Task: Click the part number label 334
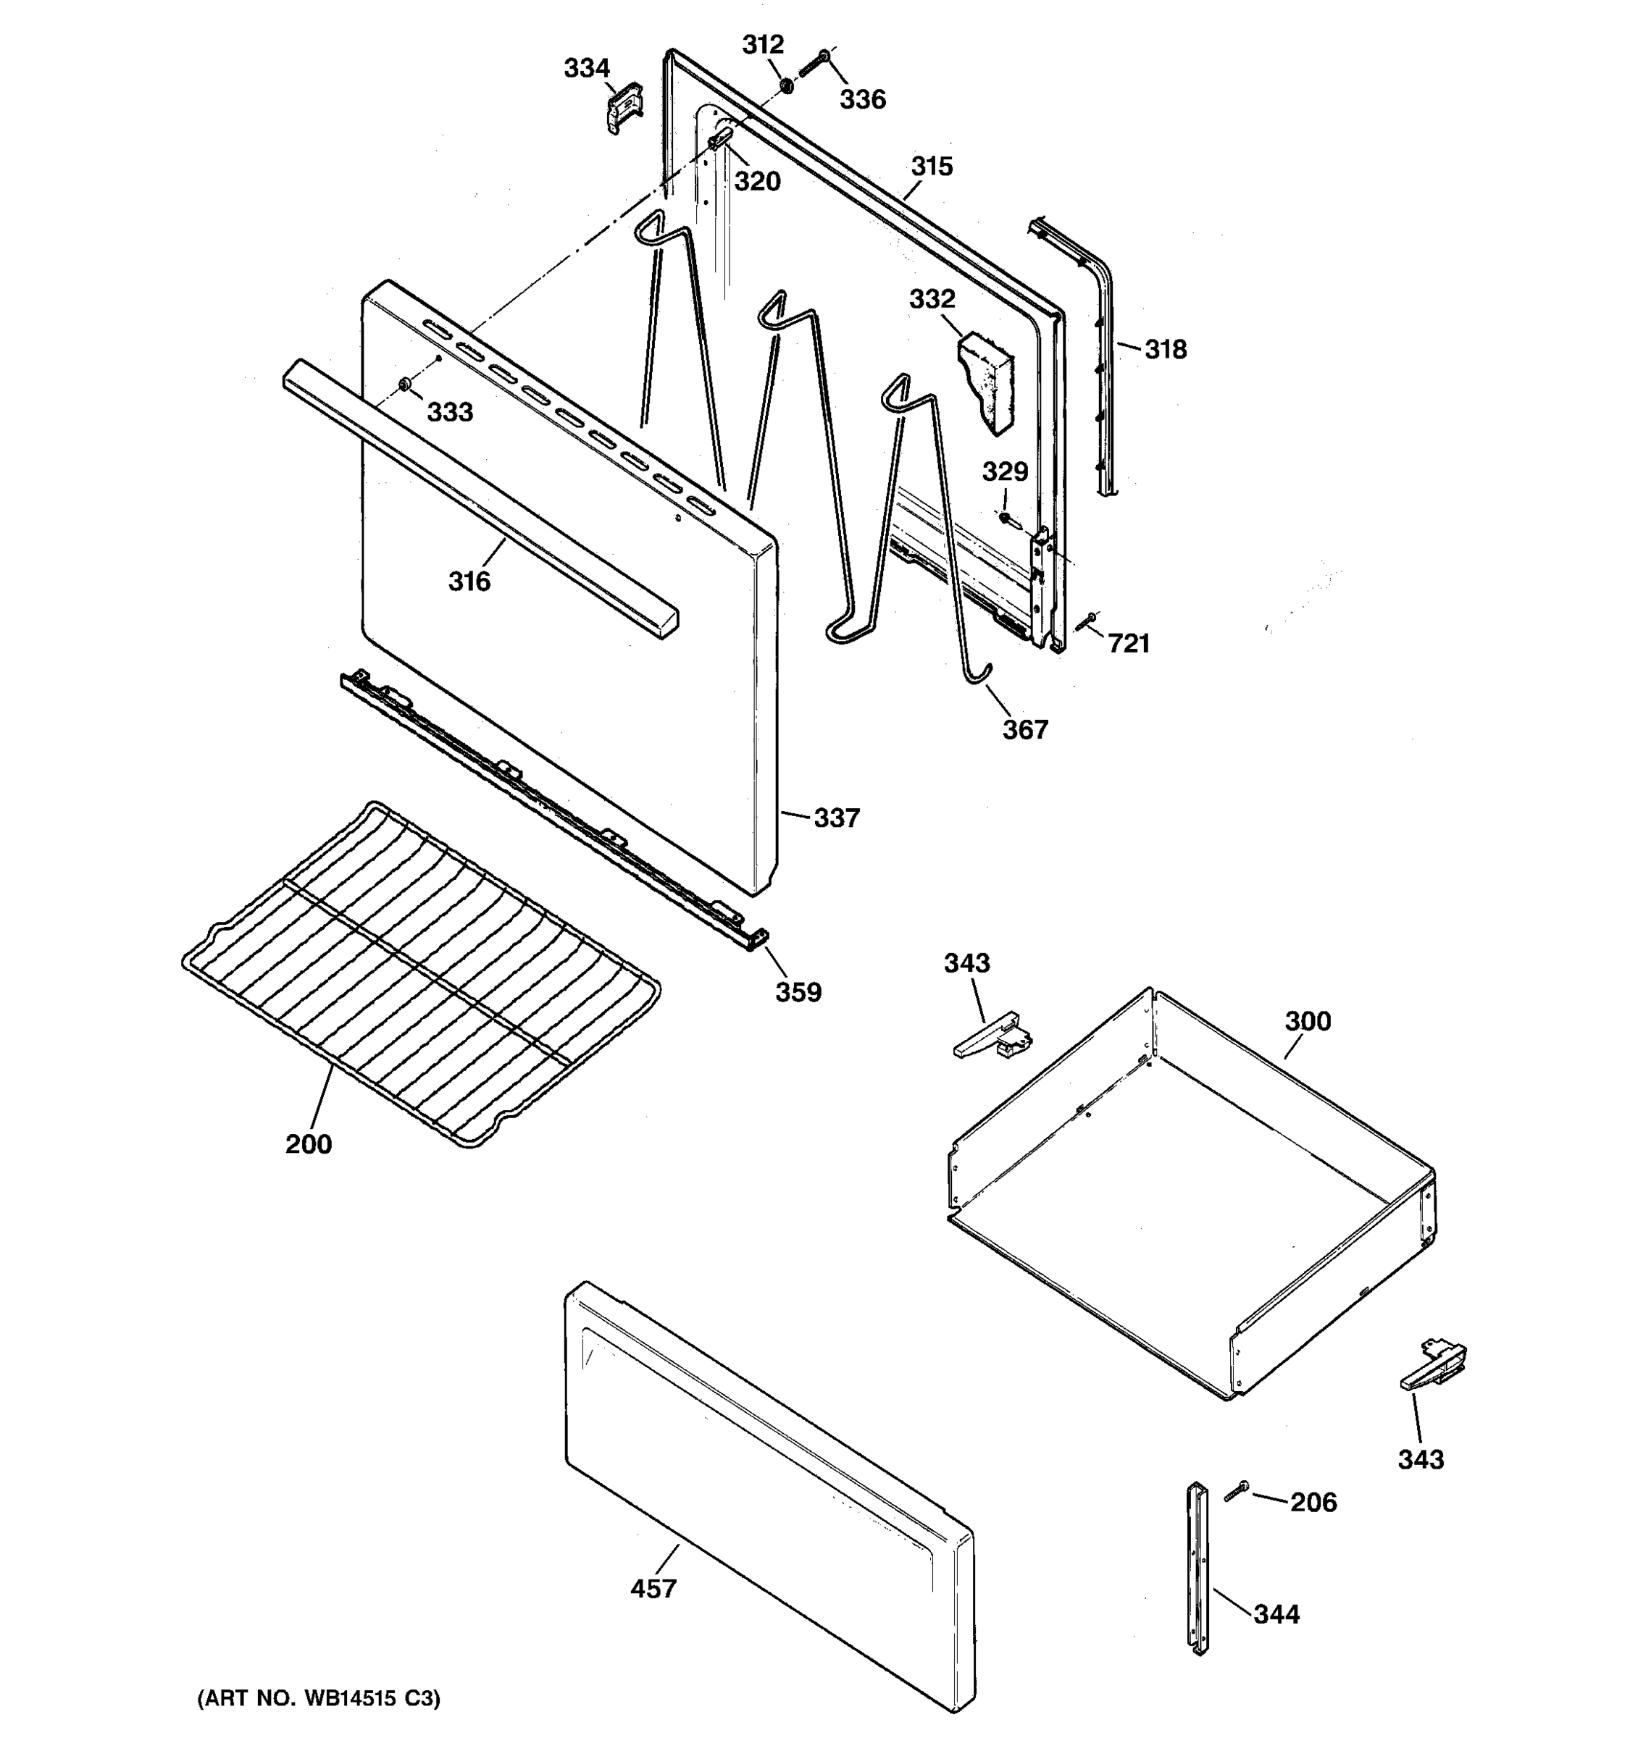click(x=586, y=68)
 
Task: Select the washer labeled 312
click(x=785, y=85)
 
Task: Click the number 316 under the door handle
click(x=469, y=582)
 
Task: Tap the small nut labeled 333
click(x=405, y=385)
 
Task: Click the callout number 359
click(x=798, y=992)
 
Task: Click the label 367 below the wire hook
click(x=1025, y=729)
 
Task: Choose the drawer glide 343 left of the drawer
click(x=992, y=1038)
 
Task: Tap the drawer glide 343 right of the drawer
click(x=1432, y=1371)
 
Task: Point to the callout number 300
click(x=1308, y=1021)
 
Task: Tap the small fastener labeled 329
click(x=1006, y=519)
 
